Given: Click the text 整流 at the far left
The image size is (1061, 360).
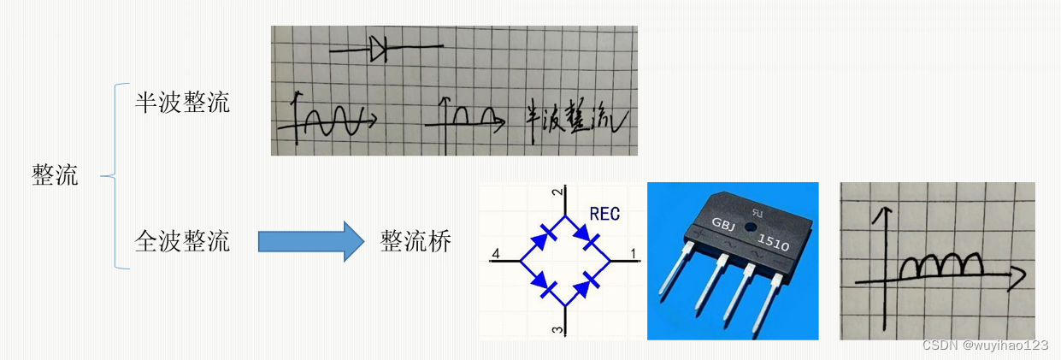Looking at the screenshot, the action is point(56,175).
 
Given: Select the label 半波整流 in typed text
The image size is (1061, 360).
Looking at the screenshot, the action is point(182,103).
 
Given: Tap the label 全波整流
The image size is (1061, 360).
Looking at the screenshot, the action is point(182,241).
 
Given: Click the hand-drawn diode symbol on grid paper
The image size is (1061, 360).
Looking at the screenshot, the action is point(380,50).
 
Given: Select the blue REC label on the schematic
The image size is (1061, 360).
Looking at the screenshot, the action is point(605,214).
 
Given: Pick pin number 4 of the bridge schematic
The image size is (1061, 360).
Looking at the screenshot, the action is point(496,253).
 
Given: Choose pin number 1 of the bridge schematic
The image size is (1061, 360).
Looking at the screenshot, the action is point(633,253).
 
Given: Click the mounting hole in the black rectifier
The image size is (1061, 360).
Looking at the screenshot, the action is point(750,227).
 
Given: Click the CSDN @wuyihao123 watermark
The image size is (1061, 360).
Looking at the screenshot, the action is point(985,345).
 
